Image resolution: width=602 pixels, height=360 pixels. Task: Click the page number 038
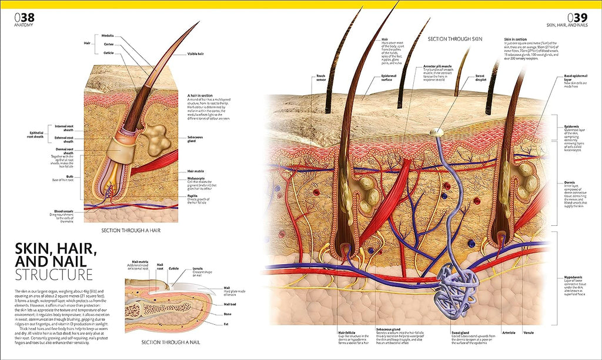click(x=24, y=18)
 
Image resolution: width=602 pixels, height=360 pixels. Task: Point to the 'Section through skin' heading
click(x=455, y=39)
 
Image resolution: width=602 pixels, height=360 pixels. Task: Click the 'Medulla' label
click(x=108, y=35)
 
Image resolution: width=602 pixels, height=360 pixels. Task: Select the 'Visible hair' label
click(x=196, y=54)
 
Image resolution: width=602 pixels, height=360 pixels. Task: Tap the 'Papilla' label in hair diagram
click(x=192, y=195)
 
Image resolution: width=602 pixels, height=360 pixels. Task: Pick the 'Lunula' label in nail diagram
click(x=198, y=269)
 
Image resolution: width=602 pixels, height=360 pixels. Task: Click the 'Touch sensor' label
click(x=320, y=76)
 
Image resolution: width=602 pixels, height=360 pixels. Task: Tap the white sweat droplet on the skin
click(x=435, y=134)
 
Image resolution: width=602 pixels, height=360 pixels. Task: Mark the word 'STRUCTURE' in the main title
click(x=53, y=275)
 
